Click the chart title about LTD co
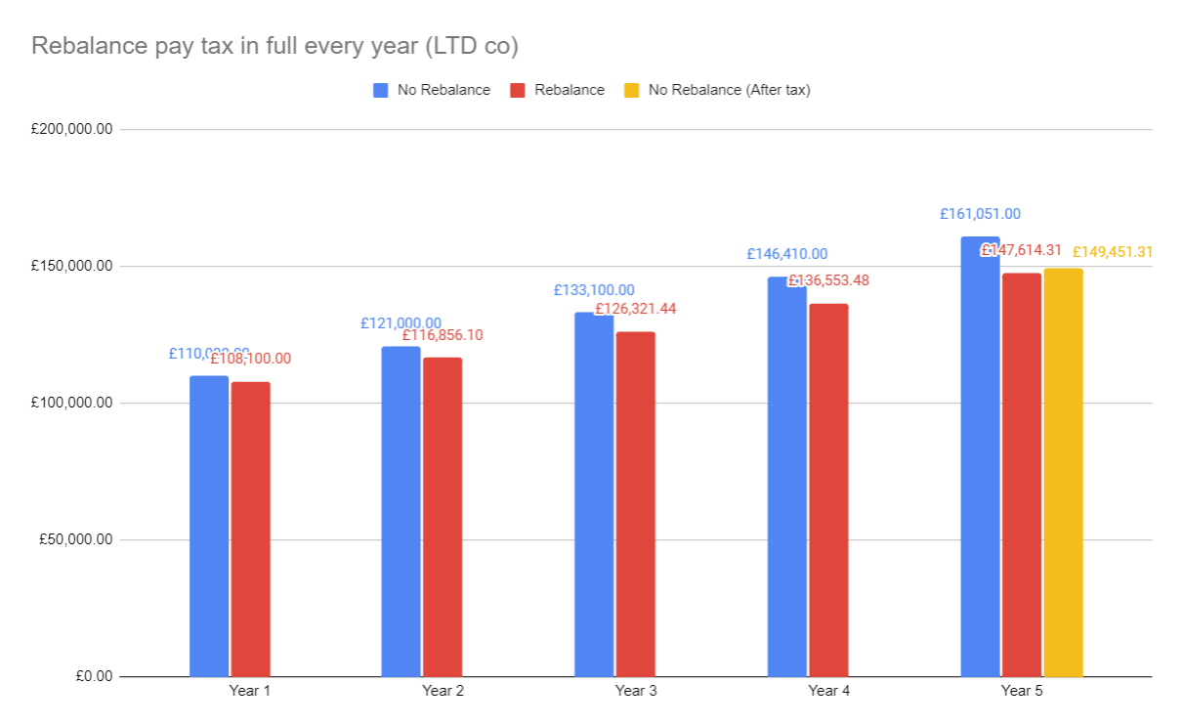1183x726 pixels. pos(275,46)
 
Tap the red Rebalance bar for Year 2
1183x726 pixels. pos(443,517)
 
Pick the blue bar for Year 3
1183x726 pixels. pos(594,494)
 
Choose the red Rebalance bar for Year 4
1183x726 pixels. pos(828,490)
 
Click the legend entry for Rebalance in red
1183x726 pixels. pos(570,90)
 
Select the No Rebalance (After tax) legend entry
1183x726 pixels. pos(729,90)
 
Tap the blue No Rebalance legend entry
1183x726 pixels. pos(444,90)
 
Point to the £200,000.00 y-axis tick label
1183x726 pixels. pos(72,129)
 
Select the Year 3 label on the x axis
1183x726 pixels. pos(636,691)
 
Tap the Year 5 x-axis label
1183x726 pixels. pos(1022,691)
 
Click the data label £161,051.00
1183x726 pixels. pos(980,214)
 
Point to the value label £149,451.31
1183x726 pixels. pos(1113,252)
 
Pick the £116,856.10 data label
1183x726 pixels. pos(443,335)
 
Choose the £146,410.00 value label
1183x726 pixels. pos(786,254)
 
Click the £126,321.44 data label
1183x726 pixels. pos(636,309)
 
